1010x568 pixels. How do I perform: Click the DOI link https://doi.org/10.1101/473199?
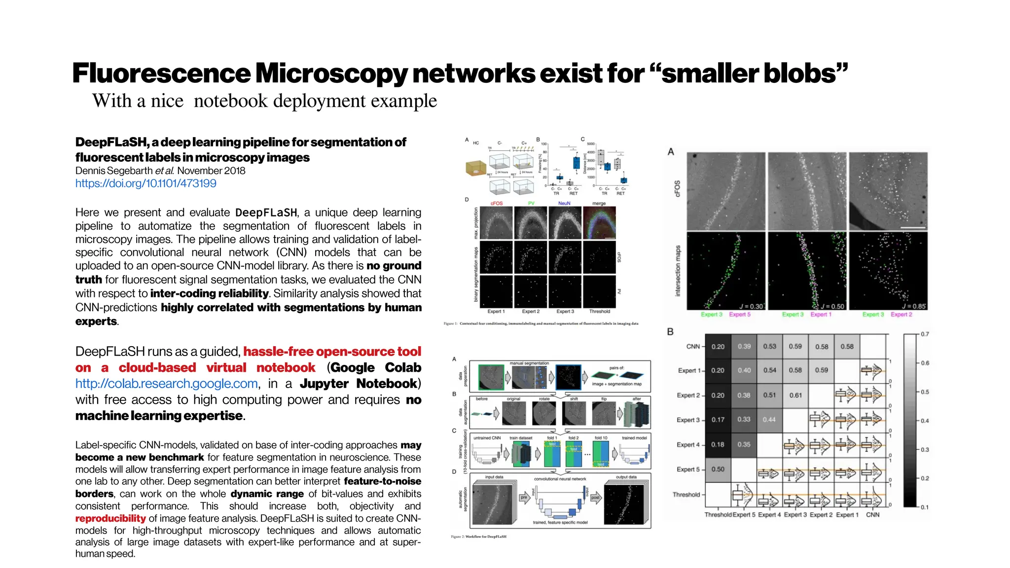145,183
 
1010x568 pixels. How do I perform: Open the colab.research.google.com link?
166,384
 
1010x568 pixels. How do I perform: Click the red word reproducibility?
110,518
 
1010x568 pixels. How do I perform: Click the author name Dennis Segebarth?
114,171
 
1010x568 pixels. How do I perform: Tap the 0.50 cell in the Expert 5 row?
718,469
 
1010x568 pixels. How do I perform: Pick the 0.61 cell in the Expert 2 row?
795,395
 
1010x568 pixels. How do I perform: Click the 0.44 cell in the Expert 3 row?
769,420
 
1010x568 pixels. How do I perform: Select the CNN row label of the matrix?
693,347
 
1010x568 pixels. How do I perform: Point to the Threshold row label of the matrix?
686,495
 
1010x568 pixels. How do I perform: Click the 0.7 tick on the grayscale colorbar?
925,334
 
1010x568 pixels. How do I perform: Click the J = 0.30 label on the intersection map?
751,306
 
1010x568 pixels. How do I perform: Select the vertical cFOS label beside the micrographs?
677,189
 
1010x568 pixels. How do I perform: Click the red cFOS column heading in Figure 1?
496,203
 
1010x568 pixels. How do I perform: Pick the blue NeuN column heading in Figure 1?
564,203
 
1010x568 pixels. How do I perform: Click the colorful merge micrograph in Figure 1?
599,223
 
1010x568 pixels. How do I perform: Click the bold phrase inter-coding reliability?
209,293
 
